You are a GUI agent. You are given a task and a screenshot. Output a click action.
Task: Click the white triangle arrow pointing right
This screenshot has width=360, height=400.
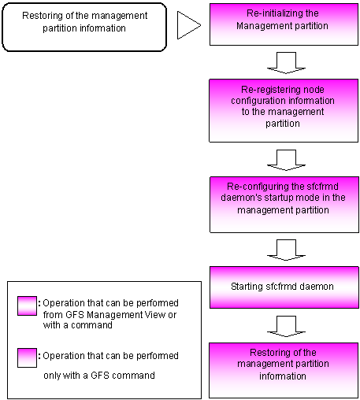pos(187,25)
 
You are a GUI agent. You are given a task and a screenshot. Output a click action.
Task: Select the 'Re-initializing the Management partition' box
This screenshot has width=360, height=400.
pos(284,24)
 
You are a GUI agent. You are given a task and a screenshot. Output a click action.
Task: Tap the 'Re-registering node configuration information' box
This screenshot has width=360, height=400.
pos(284,110)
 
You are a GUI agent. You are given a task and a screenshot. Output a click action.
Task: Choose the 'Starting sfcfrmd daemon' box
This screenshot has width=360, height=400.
pos(284,287)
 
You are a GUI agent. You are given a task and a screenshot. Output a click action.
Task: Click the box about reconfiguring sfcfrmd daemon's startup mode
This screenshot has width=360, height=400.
pos(284,205)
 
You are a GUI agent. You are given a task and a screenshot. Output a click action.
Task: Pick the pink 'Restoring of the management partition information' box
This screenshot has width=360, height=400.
pos(284,370)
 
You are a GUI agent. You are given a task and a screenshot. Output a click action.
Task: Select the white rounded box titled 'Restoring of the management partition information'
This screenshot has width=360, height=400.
pos(84,27)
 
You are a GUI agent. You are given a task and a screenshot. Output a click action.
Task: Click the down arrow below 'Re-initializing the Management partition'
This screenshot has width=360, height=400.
pos(286,63)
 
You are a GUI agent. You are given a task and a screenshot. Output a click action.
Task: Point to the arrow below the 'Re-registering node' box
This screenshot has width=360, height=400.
pos(286,160)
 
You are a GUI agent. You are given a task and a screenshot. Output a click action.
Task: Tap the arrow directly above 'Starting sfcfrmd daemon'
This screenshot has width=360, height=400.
pos(286,250)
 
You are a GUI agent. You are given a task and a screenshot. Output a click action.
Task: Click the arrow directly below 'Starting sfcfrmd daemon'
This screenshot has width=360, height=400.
pos(286,326)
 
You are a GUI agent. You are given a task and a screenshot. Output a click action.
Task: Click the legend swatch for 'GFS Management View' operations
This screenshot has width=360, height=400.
pos(27,306)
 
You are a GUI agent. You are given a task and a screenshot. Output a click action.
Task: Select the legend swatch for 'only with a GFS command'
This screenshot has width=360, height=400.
pos(27,357)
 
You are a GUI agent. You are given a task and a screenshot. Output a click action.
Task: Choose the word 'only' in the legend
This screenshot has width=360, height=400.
pos(52,376)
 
